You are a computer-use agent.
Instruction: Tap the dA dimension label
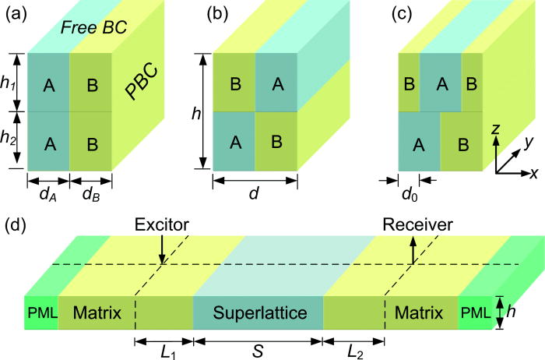(48, 191)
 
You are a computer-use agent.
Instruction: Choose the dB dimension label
(91, 191)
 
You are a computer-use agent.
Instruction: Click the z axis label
(493, 132)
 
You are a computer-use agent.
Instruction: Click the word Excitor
(162, 224)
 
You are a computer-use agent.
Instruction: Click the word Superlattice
(257, 313)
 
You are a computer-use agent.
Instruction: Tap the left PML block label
(40, 313)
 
